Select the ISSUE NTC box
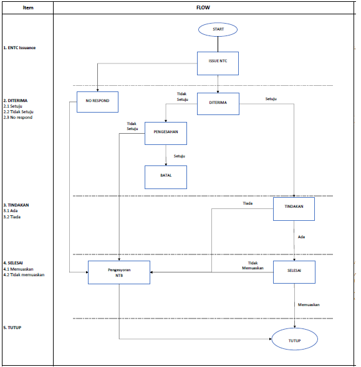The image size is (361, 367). [x=218, y=63]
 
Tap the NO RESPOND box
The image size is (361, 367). [x=98, y=102]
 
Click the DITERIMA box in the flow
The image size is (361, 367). [x=218, y=104]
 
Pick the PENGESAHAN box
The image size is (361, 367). [x=166, y=133]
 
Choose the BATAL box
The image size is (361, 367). [x=166, y=177]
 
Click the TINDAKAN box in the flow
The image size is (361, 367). [x=294, y=209]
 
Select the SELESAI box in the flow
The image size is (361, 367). [x=294, y=272]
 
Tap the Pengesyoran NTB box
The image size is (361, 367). [x=119, y=272]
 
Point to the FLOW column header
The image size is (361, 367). [x=203, y=7]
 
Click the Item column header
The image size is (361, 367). [x=28, y=7]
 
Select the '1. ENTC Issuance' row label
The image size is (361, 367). [x=19, y=48]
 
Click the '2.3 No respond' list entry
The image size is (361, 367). [x=18, y=118]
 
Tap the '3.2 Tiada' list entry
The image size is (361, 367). [x=12, y=217]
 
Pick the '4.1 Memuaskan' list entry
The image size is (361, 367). [x=18, y=269]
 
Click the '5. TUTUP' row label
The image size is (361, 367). [x=12, y=328]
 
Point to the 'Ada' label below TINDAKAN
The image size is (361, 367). [x=301, y=237]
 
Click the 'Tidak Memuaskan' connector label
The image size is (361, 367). [x=253, y=266]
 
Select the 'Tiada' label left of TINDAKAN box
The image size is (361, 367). [x=248, y=203]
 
